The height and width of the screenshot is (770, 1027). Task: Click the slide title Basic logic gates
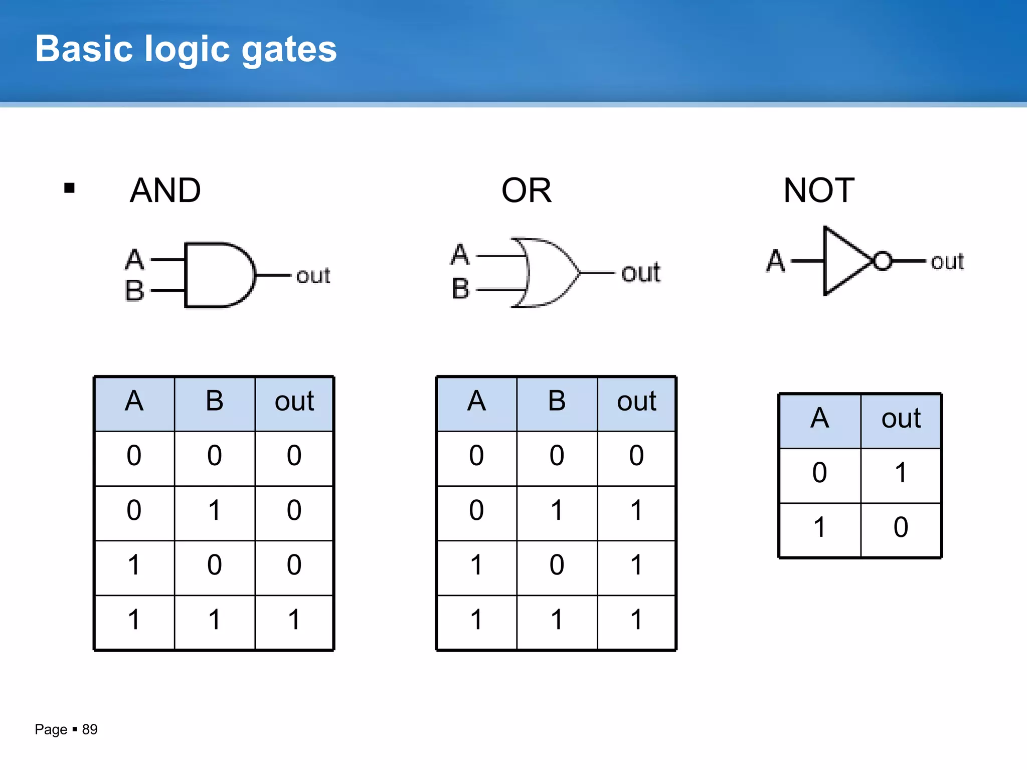click(186, 49)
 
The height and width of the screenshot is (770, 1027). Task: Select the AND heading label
click(165, 190)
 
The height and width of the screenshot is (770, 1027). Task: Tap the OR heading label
click(526, 190)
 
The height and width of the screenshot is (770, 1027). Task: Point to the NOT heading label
click(818, 190)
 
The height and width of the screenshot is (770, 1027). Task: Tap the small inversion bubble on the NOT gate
click(883, 261)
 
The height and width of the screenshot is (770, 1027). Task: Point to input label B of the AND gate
click(134, 290)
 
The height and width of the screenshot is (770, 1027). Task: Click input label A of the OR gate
click(460, 255)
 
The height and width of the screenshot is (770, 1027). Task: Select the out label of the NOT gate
click(947, 262)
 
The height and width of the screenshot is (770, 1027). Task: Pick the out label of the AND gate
click(313, 276)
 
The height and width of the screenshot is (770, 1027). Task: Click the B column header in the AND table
click(214, 401)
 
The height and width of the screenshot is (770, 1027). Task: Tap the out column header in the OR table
click(636, 401)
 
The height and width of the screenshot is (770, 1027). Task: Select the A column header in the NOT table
click(819, 418)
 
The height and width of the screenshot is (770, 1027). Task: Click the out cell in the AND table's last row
click(294, 620)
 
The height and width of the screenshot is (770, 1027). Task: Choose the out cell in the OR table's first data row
click(636, 456)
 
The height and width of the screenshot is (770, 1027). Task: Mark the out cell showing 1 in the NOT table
click(901, 473)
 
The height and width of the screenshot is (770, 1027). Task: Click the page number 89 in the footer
click(90, 729)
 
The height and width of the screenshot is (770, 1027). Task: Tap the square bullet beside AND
click(69, 188)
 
